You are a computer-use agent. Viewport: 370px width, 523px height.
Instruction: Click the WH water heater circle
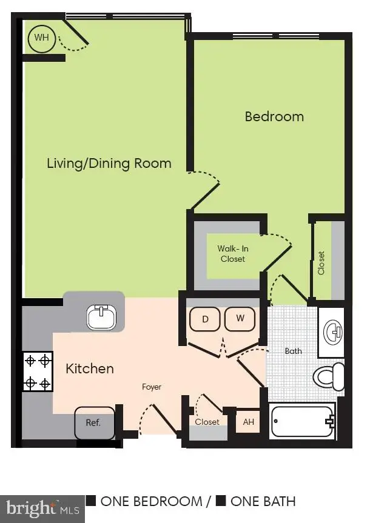[x=41, y=38]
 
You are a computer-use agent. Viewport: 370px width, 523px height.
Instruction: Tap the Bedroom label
[x=274, y=116]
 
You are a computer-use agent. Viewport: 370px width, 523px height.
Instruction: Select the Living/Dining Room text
[x=109, y=163]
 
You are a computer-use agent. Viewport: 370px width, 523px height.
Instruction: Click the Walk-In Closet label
[x=233, y=254]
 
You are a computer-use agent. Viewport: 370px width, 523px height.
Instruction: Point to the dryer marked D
[x=205, y=319]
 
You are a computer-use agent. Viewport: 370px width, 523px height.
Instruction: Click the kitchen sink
[x=101, y=316]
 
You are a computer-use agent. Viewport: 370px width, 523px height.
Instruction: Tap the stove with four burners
[x=38, y=371]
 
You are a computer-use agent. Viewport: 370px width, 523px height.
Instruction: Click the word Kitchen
[x=90, y=368]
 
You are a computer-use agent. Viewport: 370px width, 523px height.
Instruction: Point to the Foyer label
[x=152, y=387]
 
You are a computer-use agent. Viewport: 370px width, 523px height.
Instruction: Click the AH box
[x=249, y=422]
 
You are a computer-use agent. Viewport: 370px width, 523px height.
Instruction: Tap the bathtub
[x=302, y=421]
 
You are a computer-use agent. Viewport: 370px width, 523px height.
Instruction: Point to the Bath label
[x=293, y=351]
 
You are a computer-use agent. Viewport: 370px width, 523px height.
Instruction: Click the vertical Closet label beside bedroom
[x=321, y=263]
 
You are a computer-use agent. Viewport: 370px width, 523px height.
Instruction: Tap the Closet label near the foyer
[x=207, y=422]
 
